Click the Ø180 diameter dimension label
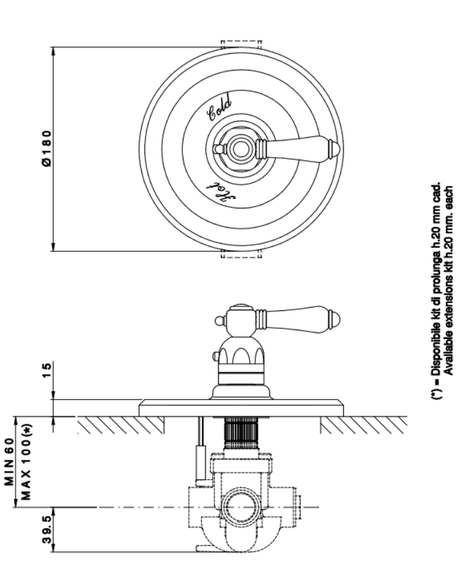coord(47,149)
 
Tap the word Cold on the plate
coord(220,106)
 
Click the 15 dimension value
coord(47,371)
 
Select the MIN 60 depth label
coord(10,462)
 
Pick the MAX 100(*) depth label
coord(26,462)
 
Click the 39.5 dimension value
coord(47,532)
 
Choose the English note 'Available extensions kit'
coord(449,280)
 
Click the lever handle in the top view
coord(298,149)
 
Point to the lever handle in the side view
coord(297,319)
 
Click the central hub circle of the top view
coord(239,149)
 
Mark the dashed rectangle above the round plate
coord(241,44)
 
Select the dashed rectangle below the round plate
coord(241,254)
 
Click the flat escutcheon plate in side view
coord(241,408)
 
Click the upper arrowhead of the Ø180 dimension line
coord(53,51)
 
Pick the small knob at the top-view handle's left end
coord(217,149)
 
